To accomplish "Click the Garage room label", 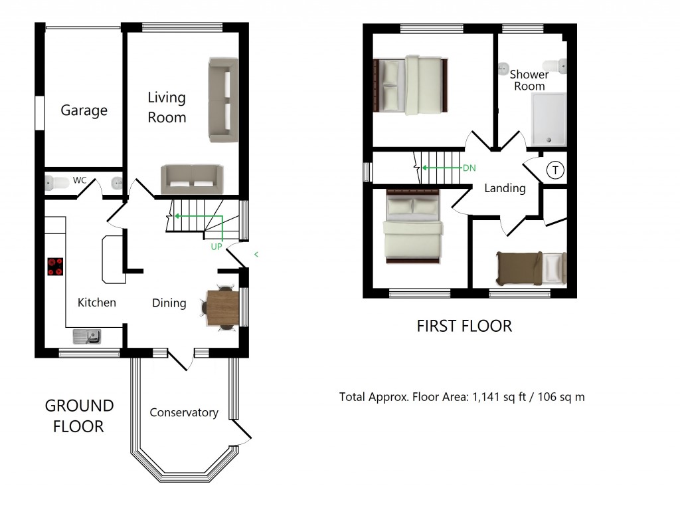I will tap(84, 110).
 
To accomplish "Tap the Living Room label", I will tap(167, 108).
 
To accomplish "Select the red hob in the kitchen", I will tap(55, 267).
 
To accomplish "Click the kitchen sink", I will tap(87, 336).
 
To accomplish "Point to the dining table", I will tap(222, 308).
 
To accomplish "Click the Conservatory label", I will tap(184, 412).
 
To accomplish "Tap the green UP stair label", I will tap(216, 247).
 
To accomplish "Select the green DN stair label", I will tap(469, 168).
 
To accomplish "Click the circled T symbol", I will tap(554, 171).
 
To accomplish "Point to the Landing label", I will tap(505, 188).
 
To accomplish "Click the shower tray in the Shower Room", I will tap(549, 119).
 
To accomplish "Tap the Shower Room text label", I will tap(529, 80).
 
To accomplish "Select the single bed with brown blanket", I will tap(531, 269).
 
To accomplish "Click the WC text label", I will tap(80, 180).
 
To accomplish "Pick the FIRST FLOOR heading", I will tap(464, 326).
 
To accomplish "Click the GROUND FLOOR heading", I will tap(79, 416).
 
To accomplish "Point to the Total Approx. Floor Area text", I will tap(462, 398).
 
